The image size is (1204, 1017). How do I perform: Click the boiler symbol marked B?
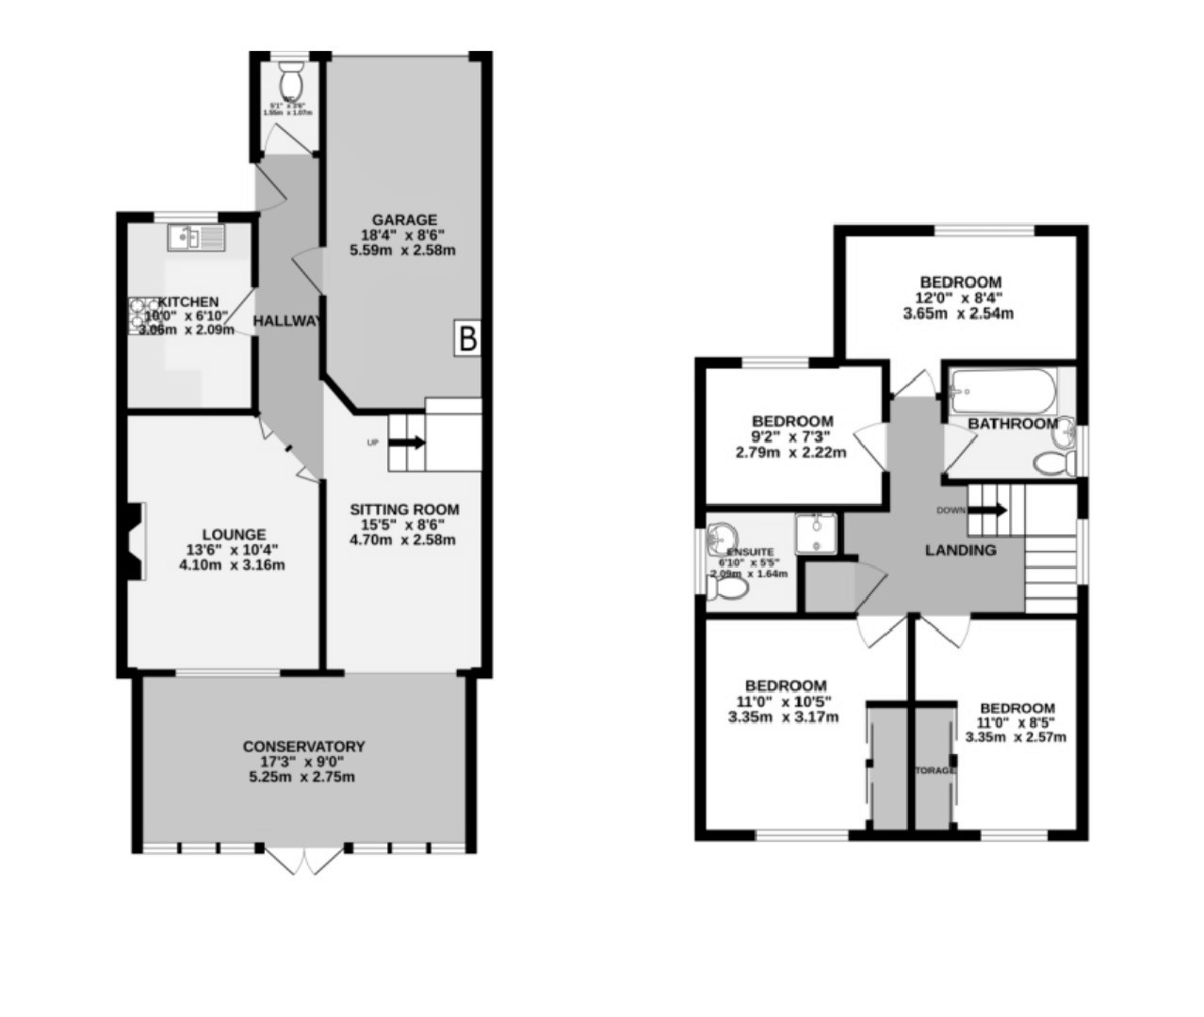468,337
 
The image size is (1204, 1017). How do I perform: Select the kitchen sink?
196,238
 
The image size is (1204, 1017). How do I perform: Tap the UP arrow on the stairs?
407,441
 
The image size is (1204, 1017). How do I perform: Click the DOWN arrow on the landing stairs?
986,509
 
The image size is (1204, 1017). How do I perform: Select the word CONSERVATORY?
303,747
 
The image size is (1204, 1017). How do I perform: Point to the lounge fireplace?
133,541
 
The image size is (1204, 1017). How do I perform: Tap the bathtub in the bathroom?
1001,388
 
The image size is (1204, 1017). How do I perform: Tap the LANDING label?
960,550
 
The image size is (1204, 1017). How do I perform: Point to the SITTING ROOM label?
404,509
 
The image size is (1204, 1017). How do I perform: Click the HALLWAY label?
288,321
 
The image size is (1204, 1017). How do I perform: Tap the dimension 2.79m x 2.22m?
790,452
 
